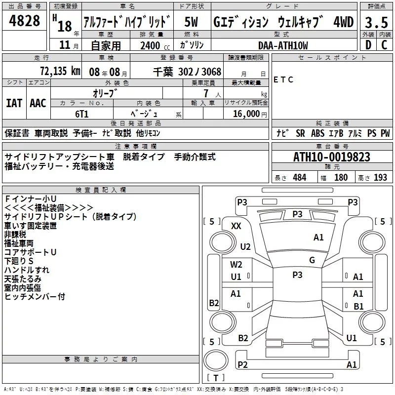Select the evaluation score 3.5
pos(375,22)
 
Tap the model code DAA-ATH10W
pos(283,45)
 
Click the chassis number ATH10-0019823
pos(331,157)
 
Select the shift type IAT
pos(14,103)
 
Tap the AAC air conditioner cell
pos(38,103)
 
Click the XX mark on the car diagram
pos(236,226)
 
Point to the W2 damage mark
pos(236,265)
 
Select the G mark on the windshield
pos(312,260)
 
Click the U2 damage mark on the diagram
pos(245,246)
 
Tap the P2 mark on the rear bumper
pos(242,364)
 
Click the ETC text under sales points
pos(283,80)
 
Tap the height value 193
pos(381,177)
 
